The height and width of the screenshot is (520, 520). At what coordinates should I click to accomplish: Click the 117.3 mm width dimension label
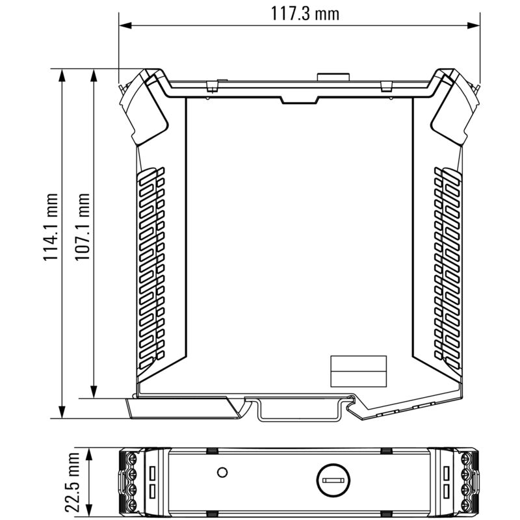click(300, 13)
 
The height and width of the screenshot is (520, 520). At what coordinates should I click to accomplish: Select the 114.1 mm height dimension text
click(51, 227)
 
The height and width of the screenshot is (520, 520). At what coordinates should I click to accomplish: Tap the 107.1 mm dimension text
click(83, 227)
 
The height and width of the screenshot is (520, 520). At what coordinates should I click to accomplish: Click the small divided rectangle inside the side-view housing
click(359, 371)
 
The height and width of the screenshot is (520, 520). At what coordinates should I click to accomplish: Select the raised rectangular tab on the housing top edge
click(333, 77)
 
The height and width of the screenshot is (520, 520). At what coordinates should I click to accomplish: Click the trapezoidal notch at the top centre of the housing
click(299, 99)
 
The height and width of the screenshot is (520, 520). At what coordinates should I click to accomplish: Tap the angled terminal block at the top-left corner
click(144, 107)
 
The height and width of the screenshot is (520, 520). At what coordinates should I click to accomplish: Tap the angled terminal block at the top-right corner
click(454, 107)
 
